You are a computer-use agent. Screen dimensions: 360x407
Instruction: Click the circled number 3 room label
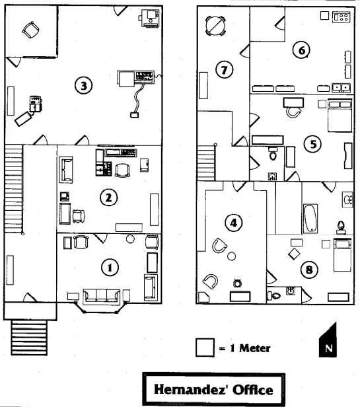point(84,85)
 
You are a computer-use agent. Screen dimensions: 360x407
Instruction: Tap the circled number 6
point(301,50)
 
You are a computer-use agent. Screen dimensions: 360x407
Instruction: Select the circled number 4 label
point(234,223)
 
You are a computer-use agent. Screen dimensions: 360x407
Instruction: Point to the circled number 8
point(309,270)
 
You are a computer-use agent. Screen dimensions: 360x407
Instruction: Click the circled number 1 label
point(110,268)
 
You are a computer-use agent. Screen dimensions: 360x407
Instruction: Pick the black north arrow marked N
point(328,340)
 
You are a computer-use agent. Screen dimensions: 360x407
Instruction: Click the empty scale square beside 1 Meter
point(205,348)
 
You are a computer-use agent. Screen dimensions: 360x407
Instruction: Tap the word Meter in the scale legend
point(254,348)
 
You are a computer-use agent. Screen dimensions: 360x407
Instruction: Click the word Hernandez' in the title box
point(191,390)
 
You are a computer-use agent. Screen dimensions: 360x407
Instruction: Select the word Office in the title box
point(252,390)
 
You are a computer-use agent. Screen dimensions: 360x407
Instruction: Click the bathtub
point(310,219)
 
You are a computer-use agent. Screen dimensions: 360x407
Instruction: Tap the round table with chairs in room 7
point(215,26)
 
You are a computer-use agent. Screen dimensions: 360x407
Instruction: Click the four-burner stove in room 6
point(342,17)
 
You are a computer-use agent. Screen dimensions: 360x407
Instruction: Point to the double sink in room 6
point(342,87)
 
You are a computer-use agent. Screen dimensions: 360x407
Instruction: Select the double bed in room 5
point(340,115)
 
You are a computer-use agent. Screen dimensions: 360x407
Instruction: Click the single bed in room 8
point(342,255)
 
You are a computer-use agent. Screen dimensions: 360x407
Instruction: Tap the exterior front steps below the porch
point(29,338)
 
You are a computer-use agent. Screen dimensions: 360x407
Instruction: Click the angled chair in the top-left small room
point(31,30)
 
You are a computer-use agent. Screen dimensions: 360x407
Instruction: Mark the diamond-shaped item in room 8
point(294,254)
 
